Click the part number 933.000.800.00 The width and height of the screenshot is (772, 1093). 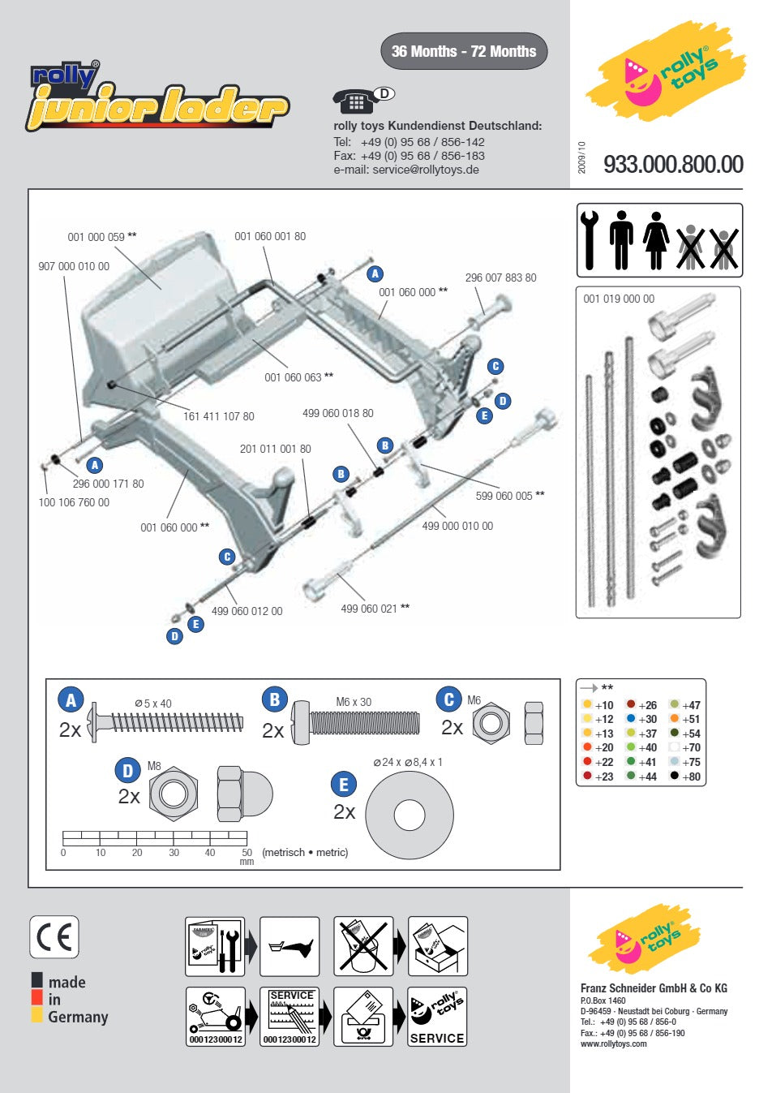coord(673,164)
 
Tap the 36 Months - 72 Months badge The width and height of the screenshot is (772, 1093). coord(464,51)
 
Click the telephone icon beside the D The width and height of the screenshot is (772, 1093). coord(355,101)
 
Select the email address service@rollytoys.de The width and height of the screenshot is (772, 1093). coord(425,170)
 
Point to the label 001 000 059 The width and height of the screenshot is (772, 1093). coord(96,237)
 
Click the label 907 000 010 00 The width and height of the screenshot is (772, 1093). coord(74,266)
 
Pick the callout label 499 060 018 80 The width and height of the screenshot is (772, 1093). coord(338,413)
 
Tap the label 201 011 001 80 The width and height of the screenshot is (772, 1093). coord(275,449)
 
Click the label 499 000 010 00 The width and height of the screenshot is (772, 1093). coord(457,526)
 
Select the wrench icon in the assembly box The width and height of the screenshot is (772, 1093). coord(590,240)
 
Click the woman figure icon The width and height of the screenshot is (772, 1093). coord(656,240)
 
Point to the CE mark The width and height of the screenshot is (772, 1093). coord(54,937)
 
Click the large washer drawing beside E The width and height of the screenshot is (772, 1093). coord(410,815)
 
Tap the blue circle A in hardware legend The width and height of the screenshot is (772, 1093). coord(71,699)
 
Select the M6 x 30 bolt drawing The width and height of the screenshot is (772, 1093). coord(355,723)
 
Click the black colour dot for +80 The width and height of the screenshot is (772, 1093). coord(674,775)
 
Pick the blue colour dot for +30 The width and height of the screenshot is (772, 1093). coord(631,718)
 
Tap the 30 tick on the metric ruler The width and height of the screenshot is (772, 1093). coord(174,837)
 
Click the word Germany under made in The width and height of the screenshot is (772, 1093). coord(78,1017)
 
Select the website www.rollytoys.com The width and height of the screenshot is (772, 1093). coord(614,1044)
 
